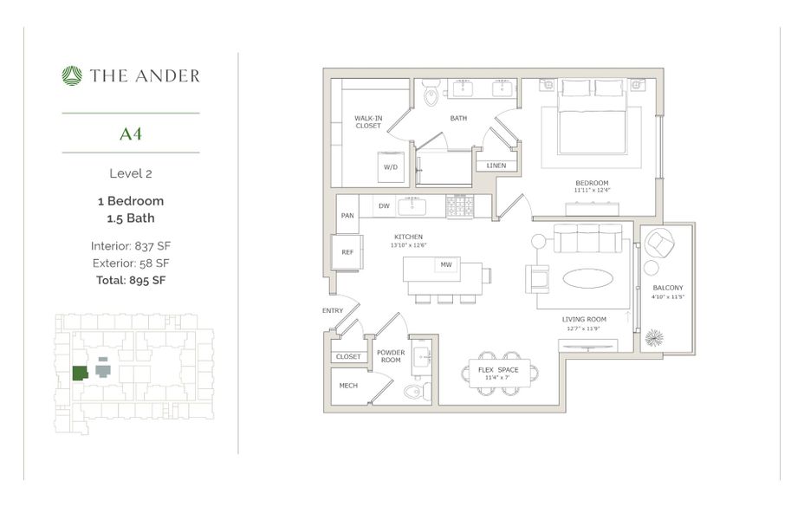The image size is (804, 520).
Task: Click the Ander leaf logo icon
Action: point(71,76)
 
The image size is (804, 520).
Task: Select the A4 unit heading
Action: point(131,133)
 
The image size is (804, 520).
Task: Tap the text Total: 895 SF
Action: point(130,280)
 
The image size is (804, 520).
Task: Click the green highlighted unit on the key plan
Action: point(80,373)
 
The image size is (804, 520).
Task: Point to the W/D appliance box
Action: point(390,166)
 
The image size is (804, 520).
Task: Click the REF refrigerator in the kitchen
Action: point(347,252)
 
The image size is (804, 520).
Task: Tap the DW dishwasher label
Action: point(384,206)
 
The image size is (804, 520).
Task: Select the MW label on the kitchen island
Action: point(446,264)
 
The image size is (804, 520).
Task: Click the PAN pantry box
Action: point(347,216)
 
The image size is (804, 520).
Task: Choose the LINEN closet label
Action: point(496,166)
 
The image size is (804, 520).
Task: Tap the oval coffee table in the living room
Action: point(591,278)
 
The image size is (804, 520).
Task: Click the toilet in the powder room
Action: point(415,393)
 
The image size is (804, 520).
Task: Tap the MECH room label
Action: point(347,387)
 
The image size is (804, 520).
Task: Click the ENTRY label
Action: point(332,310)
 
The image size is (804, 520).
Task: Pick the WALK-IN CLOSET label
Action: point(368,121)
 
